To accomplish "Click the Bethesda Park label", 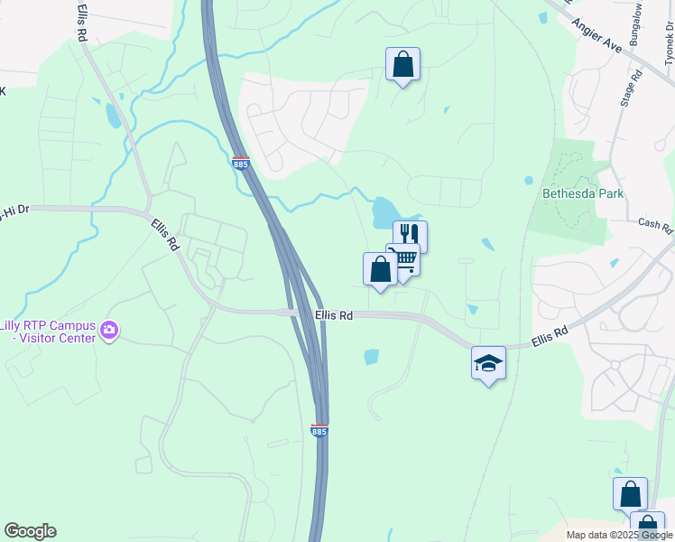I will (583, 193).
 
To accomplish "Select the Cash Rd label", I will (655, 223).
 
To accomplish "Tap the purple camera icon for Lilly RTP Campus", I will (110, 331).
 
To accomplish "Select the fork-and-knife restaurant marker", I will (410, 236).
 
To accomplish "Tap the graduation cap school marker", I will (488, 363).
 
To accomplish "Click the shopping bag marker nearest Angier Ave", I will (402, 64).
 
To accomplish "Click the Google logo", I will (30, 531).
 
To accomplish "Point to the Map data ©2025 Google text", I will (619, 535).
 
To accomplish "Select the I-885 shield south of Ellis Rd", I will (319, 431).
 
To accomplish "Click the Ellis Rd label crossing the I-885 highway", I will (334, 315).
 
